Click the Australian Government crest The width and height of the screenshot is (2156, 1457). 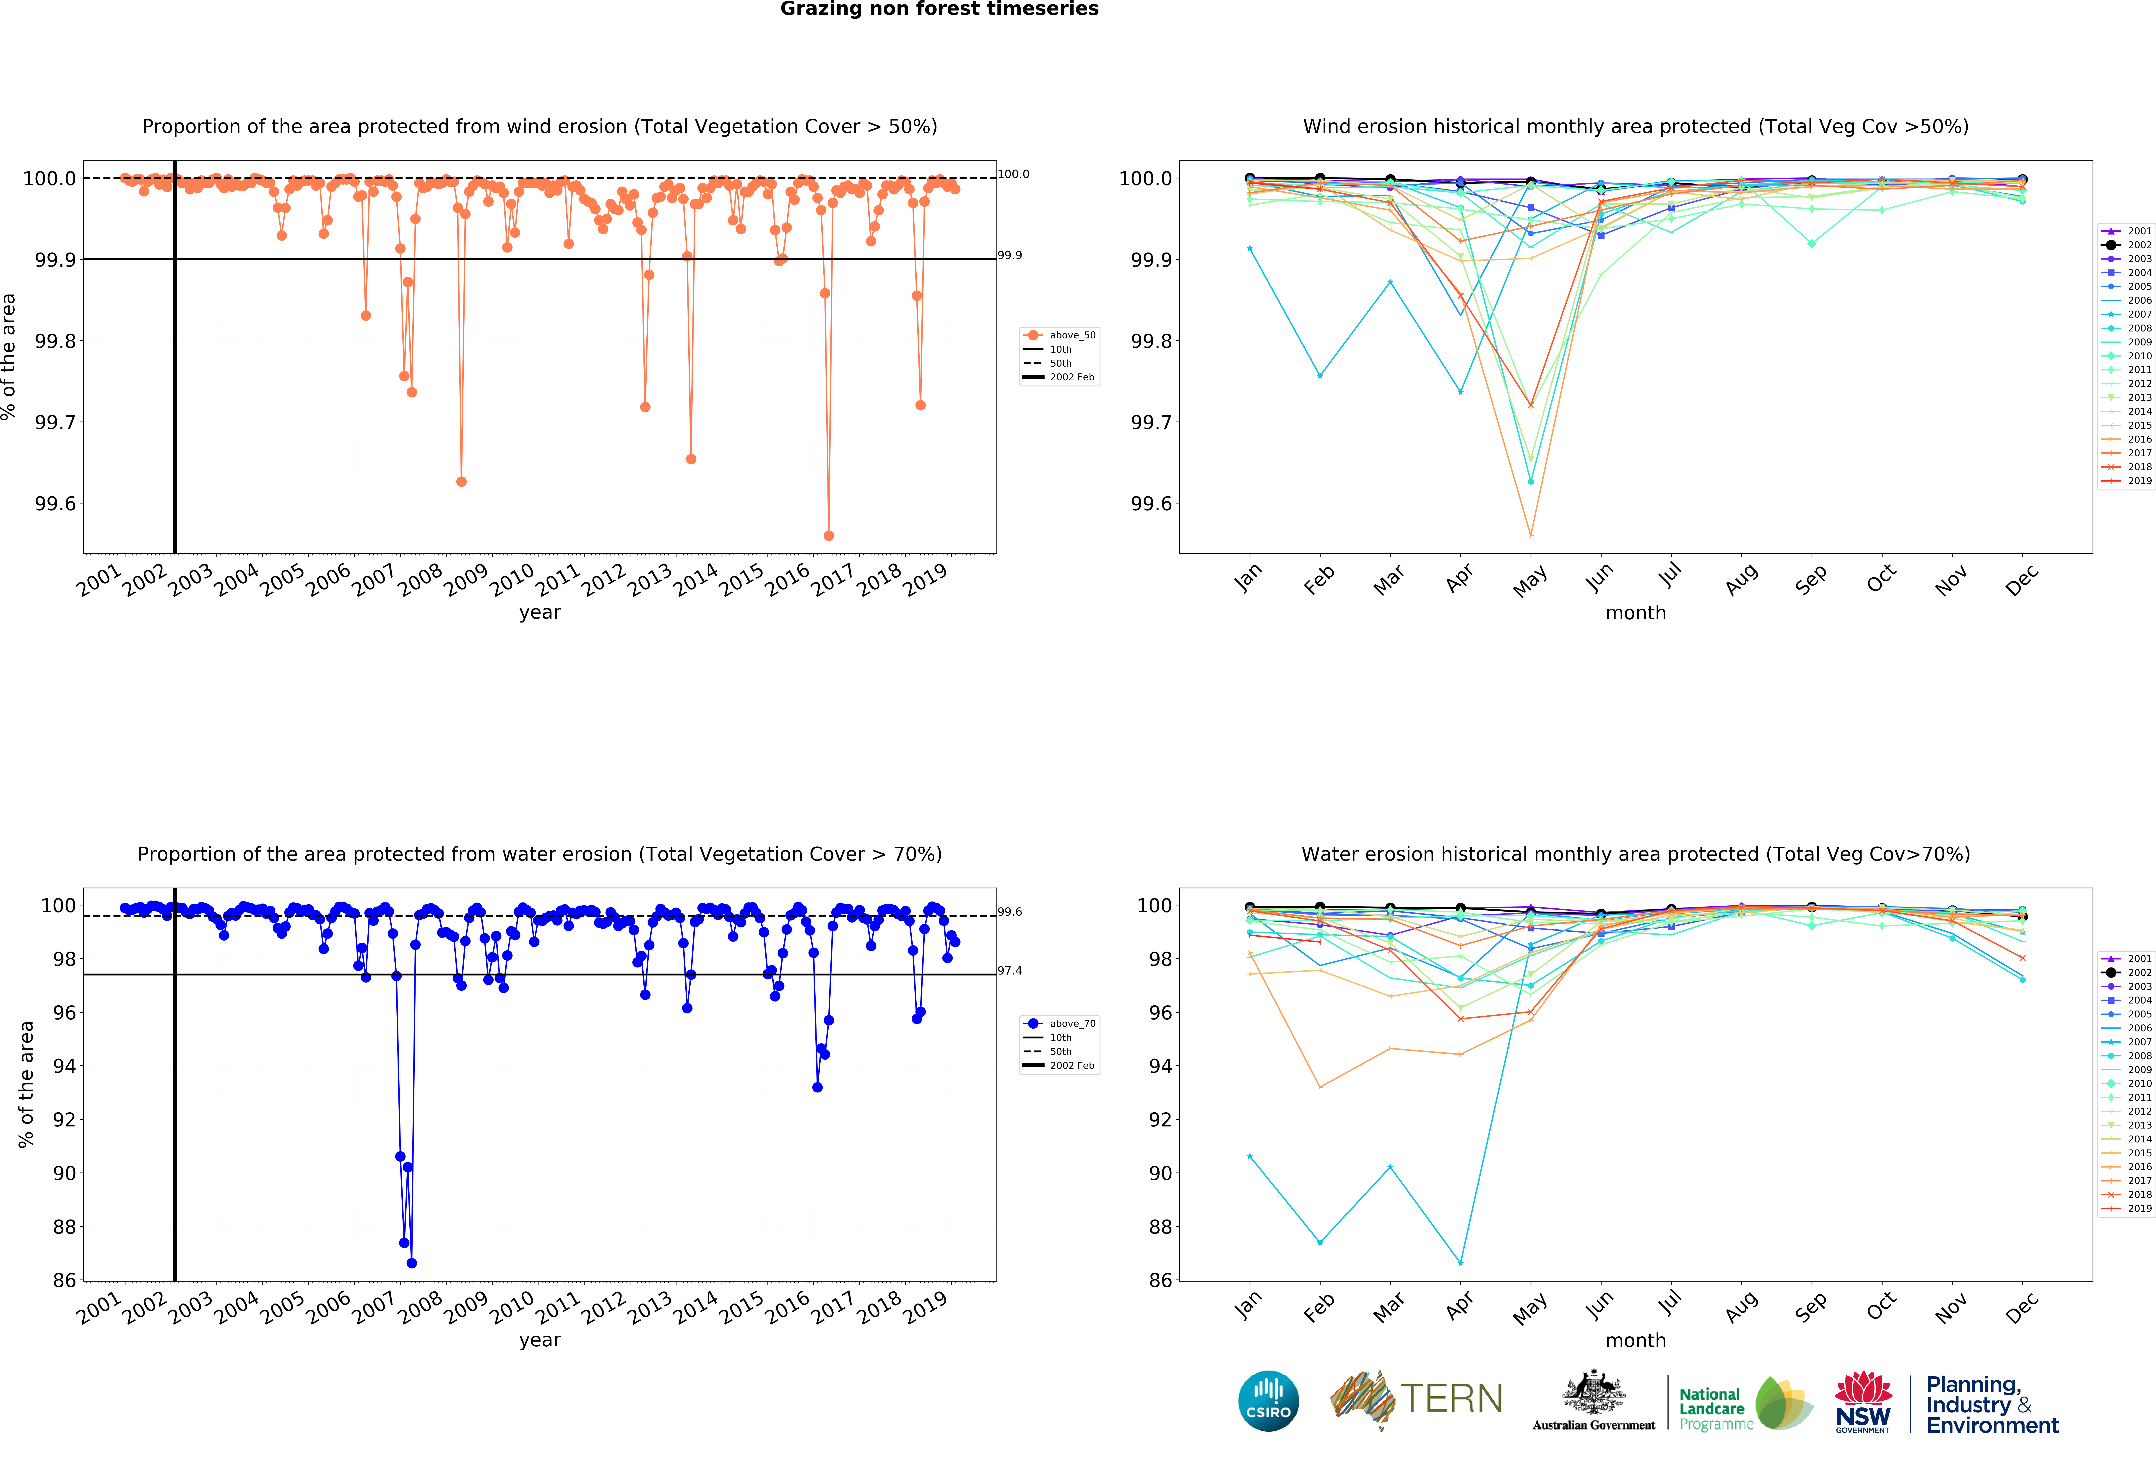coord(1593,1392)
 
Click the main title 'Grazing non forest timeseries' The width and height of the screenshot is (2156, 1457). coord(939,9)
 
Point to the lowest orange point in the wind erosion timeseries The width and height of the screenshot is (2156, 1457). coord(828,535)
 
